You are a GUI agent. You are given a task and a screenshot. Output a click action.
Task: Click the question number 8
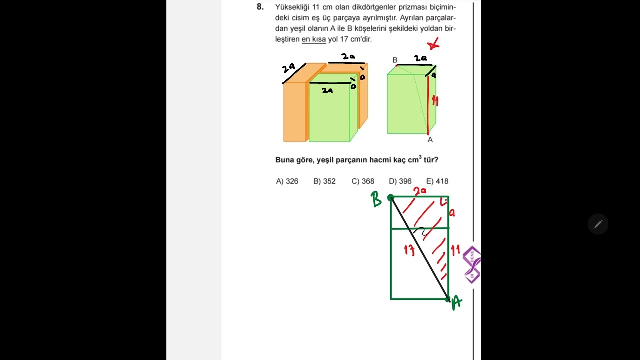(x=260, y=7)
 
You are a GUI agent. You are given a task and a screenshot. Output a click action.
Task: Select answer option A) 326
(x=287, y=181)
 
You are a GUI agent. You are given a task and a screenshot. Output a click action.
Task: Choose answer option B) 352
(x=324, y=181)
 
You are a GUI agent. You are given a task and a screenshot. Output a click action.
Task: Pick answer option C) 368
(x=363, y=181)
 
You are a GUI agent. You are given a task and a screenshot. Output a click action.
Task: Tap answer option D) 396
(x=400, y=181)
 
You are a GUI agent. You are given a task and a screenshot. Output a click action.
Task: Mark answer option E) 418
(x=437, y=181)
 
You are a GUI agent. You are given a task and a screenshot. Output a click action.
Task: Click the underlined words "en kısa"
(x=313, y=39)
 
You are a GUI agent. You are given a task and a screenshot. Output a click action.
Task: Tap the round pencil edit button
(x=597, y=224)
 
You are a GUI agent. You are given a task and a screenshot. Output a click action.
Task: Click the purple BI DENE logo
(x=472, y=265)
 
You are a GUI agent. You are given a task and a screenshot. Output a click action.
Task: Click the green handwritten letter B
(x=376, y=199)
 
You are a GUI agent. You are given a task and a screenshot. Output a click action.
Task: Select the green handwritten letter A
(x=457, y=303)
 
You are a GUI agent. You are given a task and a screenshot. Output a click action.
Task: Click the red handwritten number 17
(x=409, y=250)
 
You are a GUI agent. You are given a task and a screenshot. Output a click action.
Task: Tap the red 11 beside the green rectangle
(x=455, y=250)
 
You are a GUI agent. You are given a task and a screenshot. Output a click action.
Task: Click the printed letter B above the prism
(x=395, y=60)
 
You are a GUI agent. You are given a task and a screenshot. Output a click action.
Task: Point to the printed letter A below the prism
(x=430, y=140)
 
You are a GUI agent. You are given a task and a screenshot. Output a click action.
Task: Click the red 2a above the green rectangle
(x=420, y=191)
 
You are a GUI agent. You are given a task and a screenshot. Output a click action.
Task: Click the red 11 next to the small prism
(x=435, y=101)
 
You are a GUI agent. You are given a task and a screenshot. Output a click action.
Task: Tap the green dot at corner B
(x=391, y=197)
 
